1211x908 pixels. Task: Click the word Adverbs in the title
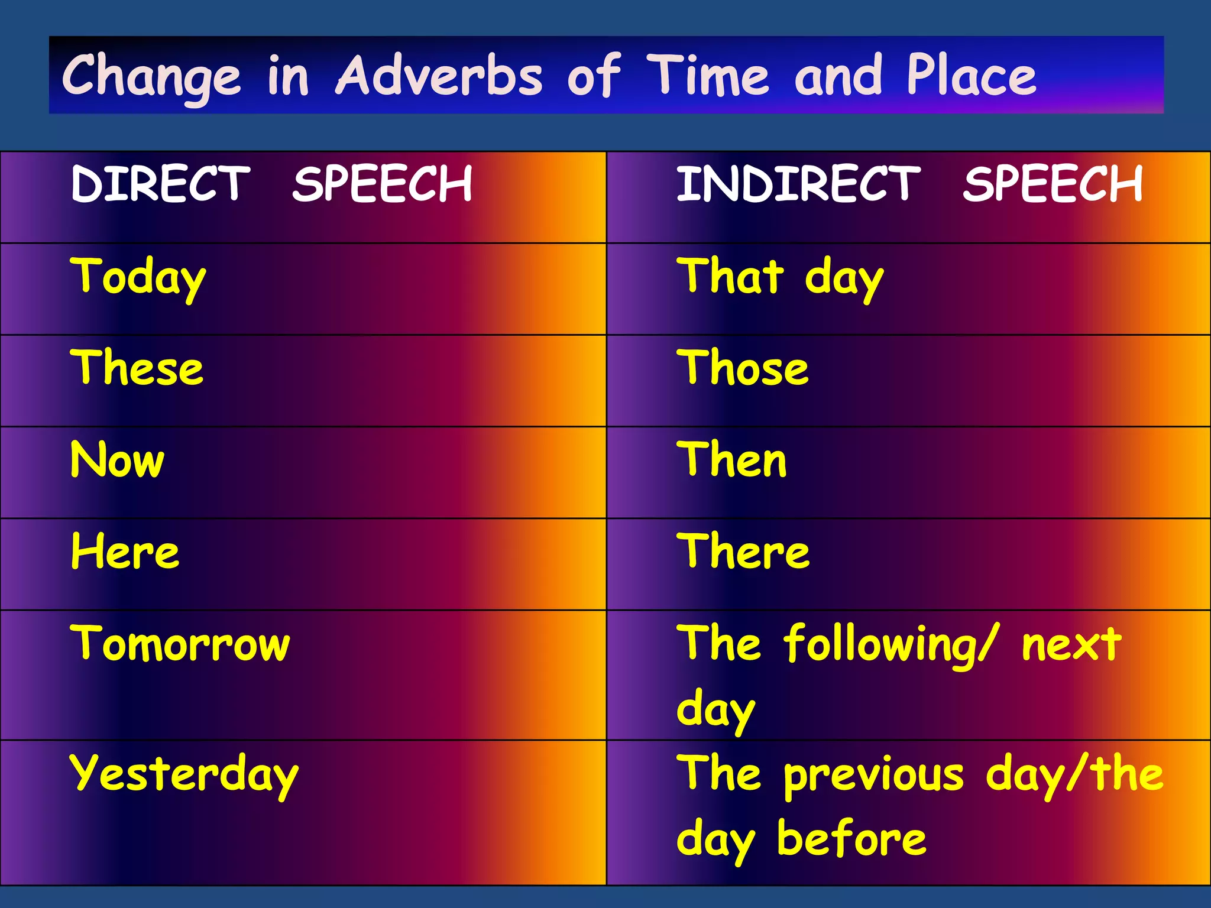(439, 76)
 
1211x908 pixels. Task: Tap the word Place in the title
(971, 76)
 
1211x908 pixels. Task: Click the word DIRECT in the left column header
(160, 184)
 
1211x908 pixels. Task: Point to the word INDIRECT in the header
(798, 184)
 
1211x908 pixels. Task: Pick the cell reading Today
(138, 277)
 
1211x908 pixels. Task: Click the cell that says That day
(780, 277)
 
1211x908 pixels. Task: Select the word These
(137, 368)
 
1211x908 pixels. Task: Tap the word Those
(743, 368)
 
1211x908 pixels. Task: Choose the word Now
(117, 459)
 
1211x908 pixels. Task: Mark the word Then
(732, 459)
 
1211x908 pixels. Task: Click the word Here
(125, 551)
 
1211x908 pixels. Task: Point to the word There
(743, 551)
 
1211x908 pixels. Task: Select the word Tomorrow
(180, 643)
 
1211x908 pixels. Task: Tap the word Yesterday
(184, 774)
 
